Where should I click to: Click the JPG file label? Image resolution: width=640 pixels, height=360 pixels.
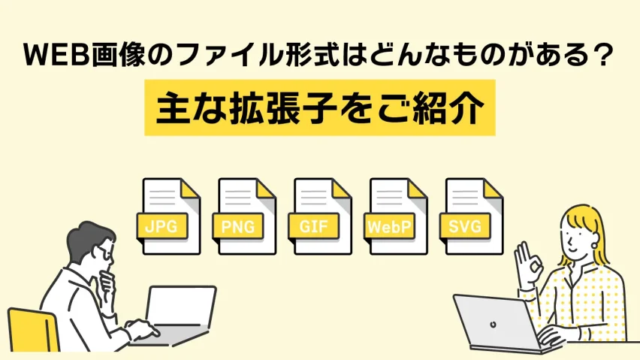(x=162, y=225)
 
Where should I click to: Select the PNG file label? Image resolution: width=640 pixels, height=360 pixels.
(x=238, y=225)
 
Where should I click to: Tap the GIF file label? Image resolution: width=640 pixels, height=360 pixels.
(x=313, y=225)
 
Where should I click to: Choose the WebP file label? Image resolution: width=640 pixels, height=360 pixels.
(x=389, y=225)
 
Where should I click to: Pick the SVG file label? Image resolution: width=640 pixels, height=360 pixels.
(x=465, y=225)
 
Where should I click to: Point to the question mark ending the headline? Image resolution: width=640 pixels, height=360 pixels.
(x=605, y=56)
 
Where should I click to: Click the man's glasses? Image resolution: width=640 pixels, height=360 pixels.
(x=104, y=254)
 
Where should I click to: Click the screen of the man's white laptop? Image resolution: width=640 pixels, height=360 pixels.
(x=181, y=305)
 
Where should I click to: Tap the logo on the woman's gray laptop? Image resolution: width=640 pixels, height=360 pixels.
(x=493, y=325)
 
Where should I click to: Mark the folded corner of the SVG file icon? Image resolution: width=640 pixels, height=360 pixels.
(x=494, y=189)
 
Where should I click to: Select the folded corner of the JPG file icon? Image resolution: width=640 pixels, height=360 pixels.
(x=190, y=189)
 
